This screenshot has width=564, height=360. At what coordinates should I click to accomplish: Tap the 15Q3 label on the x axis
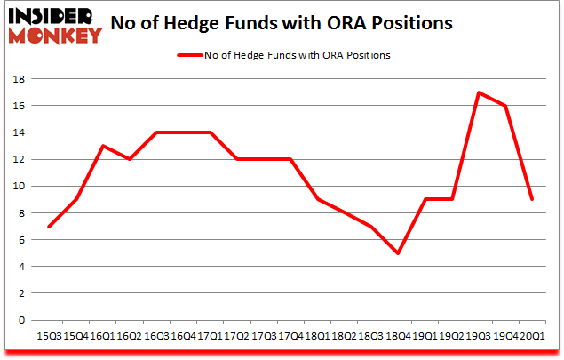click(x=49, y=337)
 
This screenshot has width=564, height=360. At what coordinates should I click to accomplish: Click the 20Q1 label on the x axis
click(x=531, y=337)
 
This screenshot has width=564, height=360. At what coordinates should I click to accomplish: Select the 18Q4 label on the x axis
click(x=398, y=337)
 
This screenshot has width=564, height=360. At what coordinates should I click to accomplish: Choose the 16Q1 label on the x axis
click(x=102, y=337)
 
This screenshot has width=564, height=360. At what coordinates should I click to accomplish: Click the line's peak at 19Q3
click(x=478, y=92)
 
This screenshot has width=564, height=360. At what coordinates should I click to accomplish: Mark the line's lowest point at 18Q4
click(x=398, y=252)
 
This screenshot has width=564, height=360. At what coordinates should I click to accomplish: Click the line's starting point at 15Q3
click(x=49, y=226)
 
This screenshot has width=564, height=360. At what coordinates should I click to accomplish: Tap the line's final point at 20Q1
click(x=531, y=199)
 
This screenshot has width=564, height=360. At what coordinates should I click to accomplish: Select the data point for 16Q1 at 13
click(x=102, y=146)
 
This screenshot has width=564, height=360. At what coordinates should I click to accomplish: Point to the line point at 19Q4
click(x=504, y=106)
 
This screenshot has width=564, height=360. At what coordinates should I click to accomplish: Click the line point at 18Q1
click(x=317, y=199)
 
